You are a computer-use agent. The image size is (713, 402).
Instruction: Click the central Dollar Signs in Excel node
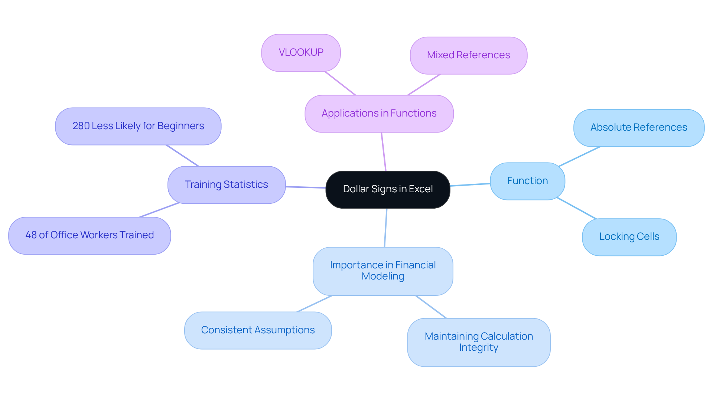[388, 189]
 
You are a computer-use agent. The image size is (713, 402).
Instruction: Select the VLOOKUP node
[301, 53]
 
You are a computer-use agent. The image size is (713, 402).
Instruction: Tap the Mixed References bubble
[468, 55]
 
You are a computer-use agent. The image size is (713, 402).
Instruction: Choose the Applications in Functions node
[379, 114]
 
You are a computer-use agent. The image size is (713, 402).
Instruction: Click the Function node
[527, 181]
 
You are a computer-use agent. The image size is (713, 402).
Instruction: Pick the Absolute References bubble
[639, 128]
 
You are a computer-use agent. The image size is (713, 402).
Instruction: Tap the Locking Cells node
[629, 237]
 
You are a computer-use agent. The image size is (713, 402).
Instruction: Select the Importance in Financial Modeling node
[382, 271]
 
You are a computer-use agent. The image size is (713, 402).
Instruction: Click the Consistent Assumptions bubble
[258, 330]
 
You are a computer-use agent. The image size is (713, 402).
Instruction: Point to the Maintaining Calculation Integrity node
[478, 342]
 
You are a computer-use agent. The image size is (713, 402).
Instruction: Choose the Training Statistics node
[226, 185]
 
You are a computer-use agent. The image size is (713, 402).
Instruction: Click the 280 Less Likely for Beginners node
[138, 126]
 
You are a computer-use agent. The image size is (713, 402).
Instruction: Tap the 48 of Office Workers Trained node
[89, 235]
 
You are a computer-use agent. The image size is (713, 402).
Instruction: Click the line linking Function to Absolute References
[579, 157]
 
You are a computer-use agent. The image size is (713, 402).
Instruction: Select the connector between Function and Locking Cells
[577, 208]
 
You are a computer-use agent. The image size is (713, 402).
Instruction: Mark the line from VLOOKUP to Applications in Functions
[340, 83]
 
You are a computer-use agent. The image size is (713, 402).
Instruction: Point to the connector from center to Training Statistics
[306, 187]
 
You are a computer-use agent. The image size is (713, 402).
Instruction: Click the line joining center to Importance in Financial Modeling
[385, 228]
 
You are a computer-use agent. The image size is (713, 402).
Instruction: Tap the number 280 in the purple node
[81, 126]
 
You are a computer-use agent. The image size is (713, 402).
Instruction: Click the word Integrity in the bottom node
[478, 348]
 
